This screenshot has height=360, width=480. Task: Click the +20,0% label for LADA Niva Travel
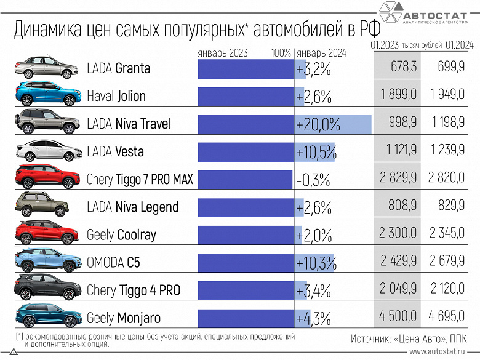(318, 124)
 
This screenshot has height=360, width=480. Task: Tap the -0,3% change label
(313, 180)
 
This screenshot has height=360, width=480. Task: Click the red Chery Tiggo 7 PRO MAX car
(47, 178)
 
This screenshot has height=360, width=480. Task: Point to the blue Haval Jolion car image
(47, 95)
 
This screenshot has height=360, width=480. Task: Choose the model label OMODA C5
(113, 263)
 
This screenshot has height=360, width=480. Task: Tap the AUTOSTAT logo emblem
(389, 17)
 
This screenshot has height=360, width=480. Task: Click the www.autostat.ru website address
(442, 352)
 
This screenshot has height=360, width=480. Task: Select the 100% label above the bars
(281, 53)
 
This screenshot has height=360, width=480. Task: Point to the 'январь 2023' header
(222, 53)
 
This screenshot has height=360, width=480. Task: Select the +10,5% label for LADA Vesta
(316, 152)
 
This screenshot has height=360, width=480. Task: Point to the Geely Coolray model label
(122, 235)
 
